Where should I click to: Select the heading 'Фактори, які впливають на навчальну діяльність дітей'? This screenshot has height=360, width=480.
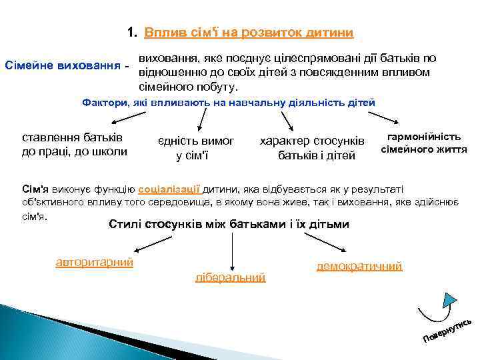click(x=228, y=103)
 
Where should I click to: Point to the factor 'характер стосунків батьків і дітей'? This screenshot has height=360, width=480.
click(x=312, y=148)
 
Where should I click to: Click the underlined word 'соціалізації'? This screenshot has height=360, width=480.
click(x=169, y=189)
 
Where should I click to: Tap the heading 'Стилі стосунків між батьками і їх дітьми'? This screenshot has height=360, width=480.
click(x=228, y=224)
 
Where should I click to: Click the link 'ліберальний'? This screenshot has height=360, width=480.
click(x=230, y=277)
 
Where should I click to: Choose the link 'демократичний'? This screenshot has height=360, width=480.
click(x=359, y=266)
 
